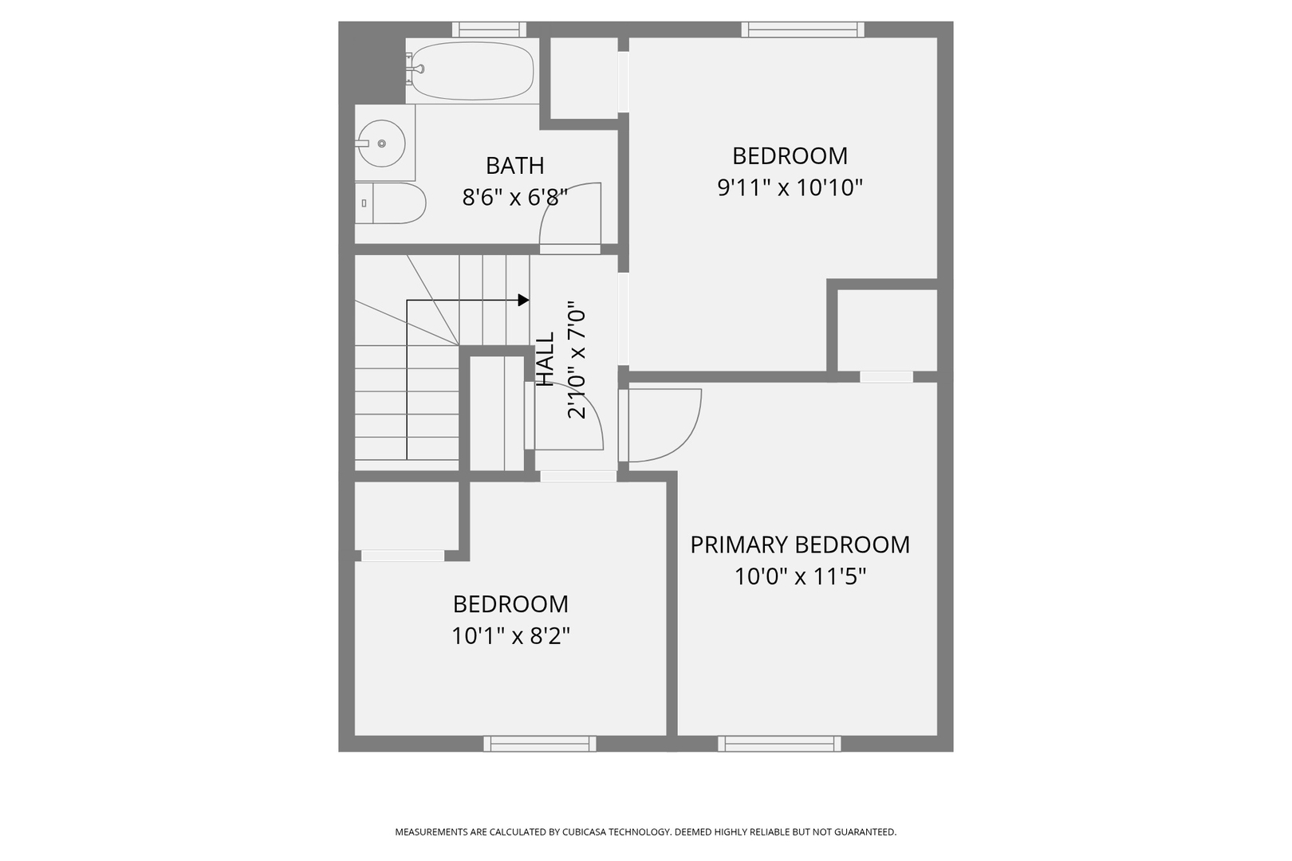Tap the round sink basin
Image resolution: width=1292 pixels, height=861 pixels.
pyautogui.click(x=380, y=143)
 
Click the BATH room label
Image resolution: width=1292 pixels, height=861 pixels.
pyautogui.click(x=514, y=166)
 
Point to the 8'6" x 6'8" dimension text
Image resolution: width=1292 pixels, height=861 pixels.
pyautogui.click(x=514, y=197)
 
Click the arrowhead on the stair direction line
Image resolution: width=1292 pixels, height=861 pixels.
pyautogui.click(x=523, y=301)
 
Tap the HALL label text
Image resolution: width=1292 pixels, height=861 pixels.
pyautogui.click(x=545, y=360)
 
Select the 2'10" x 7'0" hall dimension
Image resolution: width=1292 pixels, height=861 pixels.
pyautogui.click(x=577, y=360)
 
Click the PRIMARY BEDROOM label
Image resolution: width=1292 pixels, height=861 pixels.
pyautogui.click(x=799, y=545)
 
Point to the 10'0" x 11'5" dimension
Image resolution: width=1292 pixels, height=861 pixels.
pyautogui.click(x=799, y=576)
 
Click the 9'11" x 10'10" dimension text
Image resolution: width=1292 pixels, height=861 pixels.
pyautogui.click(x=790, y=188)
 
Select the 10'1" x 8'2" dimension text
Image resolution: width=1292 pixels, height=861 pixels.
pyautogui.click(x=510, y=636)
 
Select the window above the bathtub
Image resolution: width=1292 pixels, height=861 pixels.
pyautogui.click(x=489, y=29)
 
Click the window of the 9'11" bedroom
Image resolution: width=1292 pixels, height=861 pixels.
pyautogui.click(x=802, y=29)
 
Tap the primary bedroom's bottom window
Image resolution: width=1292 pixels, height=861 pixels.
pyautogui.click(x=779, y=744)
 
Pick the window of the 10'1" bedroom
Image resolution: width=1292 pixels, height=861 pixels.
pyautogui.click(x=540, y=744)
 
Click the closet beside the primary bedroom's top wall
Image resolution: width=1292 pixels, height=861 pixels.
pyautogui.click(x=887, y=330)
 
